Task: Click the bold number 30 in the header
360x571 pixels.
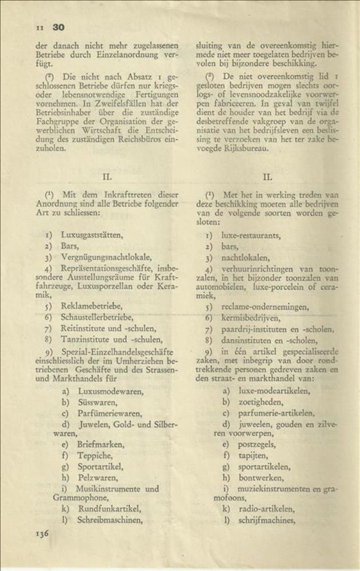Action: [x=58, y=27]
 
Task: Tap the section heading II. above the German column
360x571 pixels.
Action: [x=106, y=177]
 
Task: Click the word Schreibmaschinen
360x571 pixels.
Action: [x=111, y=520]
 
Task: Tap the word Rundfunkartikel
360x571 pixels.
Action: [x=109, y=509]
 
